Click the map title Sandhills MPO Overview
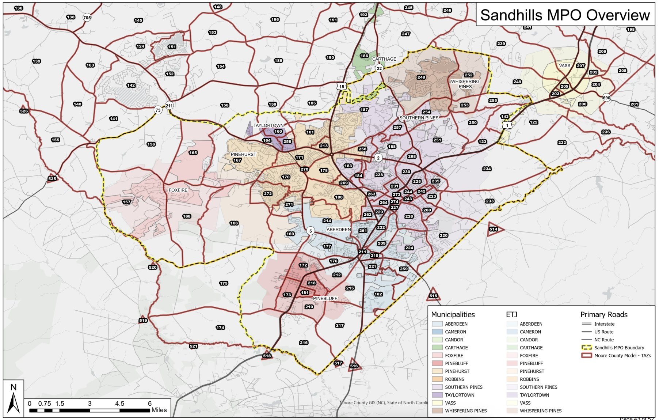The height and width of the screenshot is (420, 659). pos(565,15)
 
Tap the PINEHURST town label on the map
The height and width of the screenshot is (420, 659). pos(243,154)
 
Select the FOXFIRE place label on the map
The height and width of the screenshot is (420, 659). pos(178,190)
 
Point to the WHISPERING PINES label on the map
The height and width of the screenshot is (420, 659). pos(465,84)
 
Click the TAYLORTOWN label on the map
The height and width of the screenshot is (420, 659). pos(268,125)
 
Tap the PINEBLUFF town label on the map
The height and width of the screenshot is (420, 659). pos(325,298)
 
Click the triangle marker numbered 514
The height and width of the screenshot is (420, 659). pos(494,229)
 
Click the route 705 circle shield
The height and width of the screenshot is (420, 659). pos(87,18)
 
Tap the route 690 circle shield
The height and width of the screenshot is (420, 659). pos(606,98)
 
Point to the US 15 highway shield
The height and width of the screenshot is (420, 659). pos(342,87)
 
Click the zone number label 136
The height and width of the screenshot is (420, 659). pos(19,8)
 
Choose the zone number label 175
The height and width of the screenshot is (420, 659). pos(224,283)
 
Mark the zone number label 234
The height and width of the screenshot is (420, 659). pos(487,169)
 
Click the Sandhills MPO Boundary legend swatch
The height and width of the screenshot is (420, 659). pos(586,348)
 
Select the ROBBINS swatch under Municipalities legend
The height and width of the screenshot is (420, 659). pos(437,379)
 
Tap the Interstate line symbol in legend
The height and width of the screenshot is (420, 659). pos(586,324)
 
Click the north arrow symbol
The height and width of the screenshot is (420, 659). pos(14,402)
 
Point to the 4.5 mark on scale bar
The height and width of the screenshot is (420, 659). pos(119,404)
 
